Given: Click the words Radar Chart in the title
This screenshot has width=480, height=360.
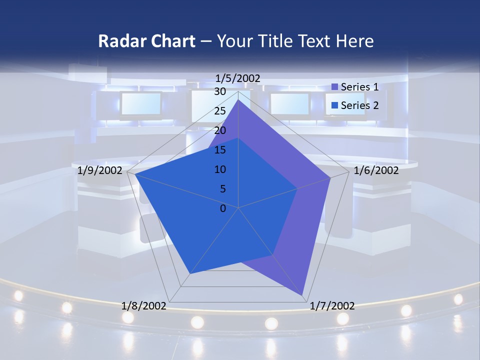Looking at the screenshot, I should tap(146, 41).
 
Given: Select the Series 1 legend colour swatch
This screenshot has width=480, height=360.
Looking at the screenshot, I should tap(335, 87).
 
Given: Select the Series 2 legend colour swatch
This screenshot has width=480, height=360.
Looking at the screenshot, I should tap(335, 105).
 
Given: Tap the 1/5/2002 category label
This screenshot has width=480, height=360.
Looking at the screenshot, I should tap(238, 78).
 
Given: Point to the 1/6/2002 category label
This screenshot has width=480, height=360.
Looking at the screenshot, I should tap(376, 170).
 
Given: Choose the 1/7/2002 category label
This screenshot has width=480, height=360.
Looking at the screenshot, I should tap(332, 305).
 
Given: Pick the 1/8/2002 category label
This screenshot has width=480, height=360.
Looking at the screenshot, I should tap(144, 305).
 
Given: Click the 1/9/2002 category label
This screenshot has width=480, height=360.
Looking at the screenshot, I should tap(100, 170).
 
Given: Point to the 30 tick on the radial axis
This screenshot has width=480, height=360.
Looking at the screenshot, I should tap(220, 91).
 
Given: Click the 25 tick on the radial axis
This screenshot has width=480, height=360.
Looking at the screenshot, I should tap(220, 111).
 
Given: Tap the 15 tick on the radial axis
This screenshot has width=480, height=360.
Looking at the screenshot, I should tap(220, 150).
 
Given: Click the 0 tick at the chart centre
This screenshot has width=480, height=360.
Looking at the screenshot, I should tap(223, 208).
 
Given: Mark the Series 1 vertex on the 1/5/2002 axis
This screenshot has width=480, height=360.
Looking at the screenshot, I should tap(238, 100).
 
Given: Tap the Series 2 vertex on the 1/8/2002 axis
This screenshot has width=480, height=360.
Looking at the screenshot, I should tap(190, 274).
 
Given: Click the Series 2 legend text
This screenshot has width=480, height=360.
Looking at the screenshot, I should tap(359, 105).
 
